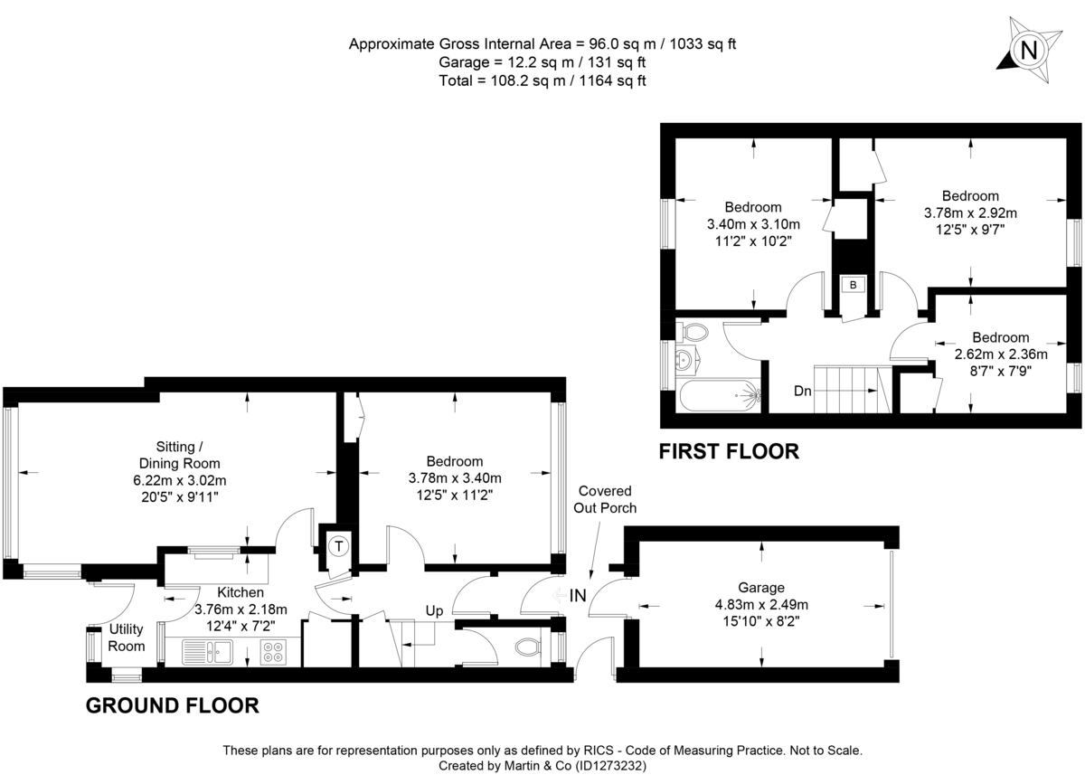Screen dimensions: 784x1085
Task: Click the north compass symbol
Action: (1028, 51)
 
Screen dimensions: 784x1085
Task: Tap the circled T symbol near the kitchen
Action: (338, 545)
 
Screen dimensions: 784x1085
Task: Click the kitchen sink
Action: (209, 649)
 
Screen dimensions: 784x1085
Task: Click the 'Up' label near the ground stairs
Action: (434, 611)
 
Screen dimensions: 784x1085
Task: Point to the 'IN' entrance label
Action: (578, 596)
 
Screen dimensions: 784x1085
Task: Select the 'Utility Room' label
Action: (127, 638)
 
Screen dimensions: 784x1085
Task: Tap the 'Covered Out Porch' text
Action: (605, 499)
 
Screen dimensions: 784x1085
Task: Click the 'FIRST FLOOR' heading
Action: (729, 450)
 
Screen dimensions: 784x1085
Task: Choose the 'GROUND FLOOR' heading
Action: (172, 705)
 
